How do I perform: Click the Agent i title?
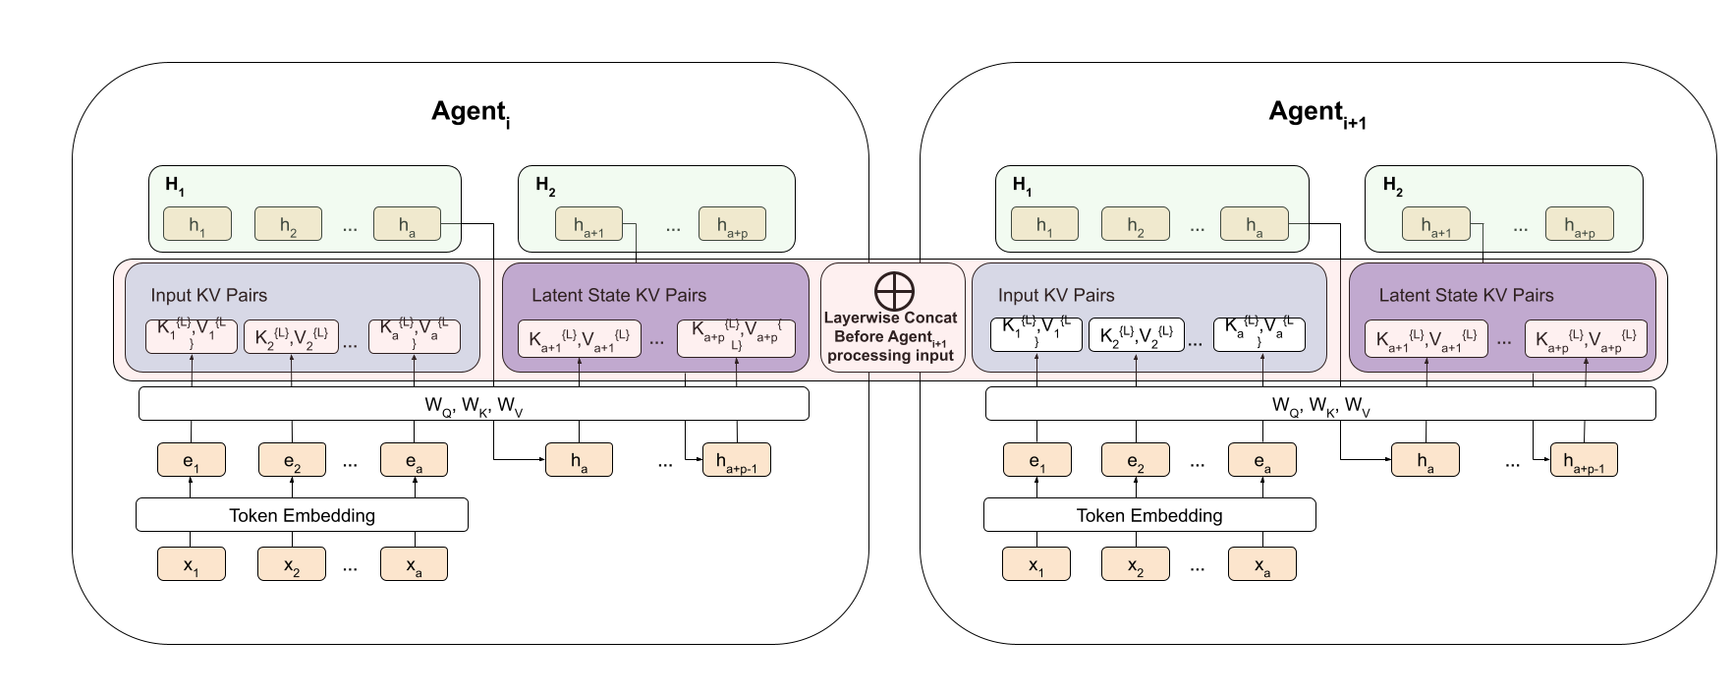[471, 112]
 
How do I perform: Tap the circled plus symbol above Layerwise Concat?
[894, 291]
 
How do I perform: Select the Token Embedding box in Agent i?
[302, 515]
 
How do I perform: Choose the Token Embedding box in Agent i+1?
[1149, 515]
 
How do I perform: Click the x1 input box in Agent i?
[192, 564]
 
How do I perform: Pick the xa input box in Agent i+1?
[1261, 564]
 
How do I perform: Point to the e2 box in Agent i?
[292, 459]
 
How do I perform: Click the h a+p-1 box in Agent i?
[736, 459]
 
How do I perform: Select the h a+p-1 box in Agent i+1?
[1584, 459]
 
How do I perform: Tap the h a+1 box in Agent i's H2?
[588, 224]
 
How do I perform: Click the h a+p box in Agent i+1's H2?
[1579, 224]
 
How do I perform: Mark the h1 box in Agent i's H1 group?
[197, 224]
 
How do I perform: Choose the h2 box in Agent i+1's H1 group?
[1135, 224]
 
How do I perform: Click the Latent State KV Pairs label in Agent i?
[619, 295]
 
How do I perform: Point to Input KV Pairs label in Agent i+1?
[1056, 295]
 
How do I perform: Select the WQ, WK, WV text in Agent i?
[474, 404]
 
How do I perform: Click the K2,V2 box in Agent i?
[291, 337]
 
